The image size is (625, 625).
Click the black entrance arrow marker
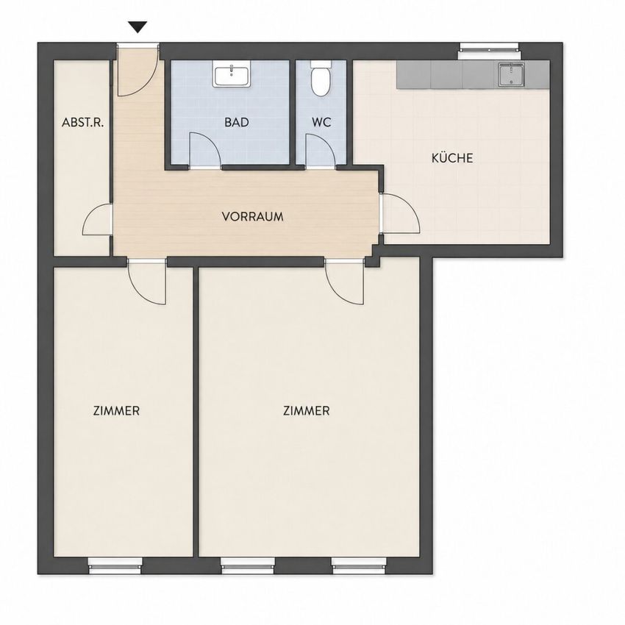click(x=138, y=27)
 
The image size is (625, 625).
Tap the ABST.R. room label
click(x=82, y=122)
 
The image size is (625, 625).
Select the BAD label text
click(x=237, y=122)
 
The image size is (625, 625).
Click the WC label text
click(x=321, y=122)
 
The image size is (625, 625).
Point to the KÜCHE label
click(x=452, y=158)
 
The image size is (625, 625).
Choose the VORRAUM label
click(x=253, y=217)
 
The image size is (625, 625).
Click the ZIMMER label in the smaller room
click(x=116, y=410)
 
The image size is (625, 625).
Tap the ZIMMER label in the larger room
click(x=306, y=410)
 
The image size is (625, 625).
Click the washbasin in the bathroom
click(x=231, y=74)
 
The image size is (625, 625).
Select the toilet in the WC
click(x=321, y=79)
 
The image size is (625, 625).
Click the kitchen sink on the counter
click(x=511, y=74)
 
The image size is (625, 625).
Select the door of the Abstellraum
click(x=97, y=220)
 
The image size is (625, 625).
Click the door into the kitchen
click(x=400, y=213)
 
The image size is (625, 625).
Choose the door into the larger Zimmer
click(x=344, y=282)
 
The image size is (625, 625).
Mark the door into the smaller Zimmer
click(x=146, y=282)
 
